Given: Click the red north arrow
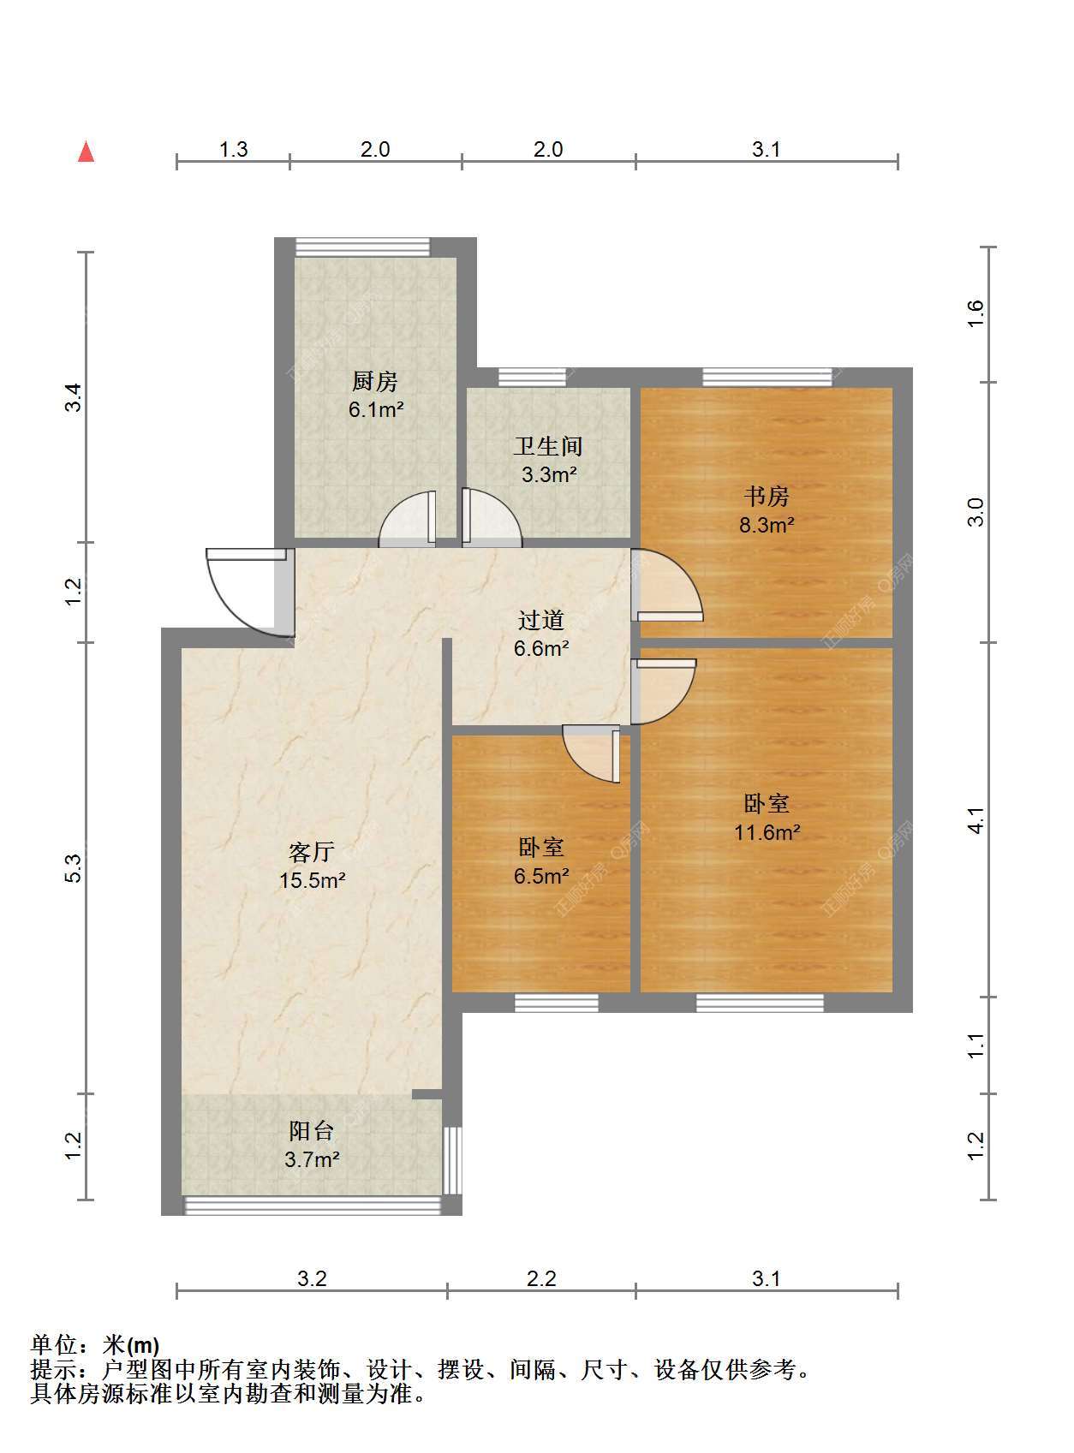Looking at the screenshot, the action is (86, 152).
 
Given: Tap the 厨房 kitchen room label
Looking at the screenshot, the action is (375, 381).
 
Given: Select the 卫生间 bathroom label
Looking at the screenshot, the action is (548, 446).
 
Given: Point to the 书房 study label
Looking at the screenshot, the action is (766, 496).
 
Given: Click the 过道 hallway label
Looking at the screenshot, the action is (540, 620).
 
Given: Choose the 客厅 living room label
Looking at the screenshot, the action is (311, 852).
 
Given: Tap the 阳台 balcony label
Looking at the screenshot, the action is (311, 1131).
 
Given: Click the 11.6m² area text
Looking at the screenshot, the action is (767, 832).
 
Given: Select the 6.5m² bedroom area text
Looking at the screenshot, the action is (540, 876).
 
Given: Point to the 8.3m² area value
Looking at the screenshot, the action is (767, 525).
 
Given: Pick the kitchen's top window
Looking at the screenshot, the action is (362, 247).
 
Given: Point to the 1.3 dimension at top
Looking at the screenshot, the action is (233, 149).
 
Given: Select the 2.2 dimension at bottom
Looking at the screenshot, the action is (541, 1278).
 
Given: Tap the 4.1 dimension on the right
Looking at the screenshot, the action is (976, 819).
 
